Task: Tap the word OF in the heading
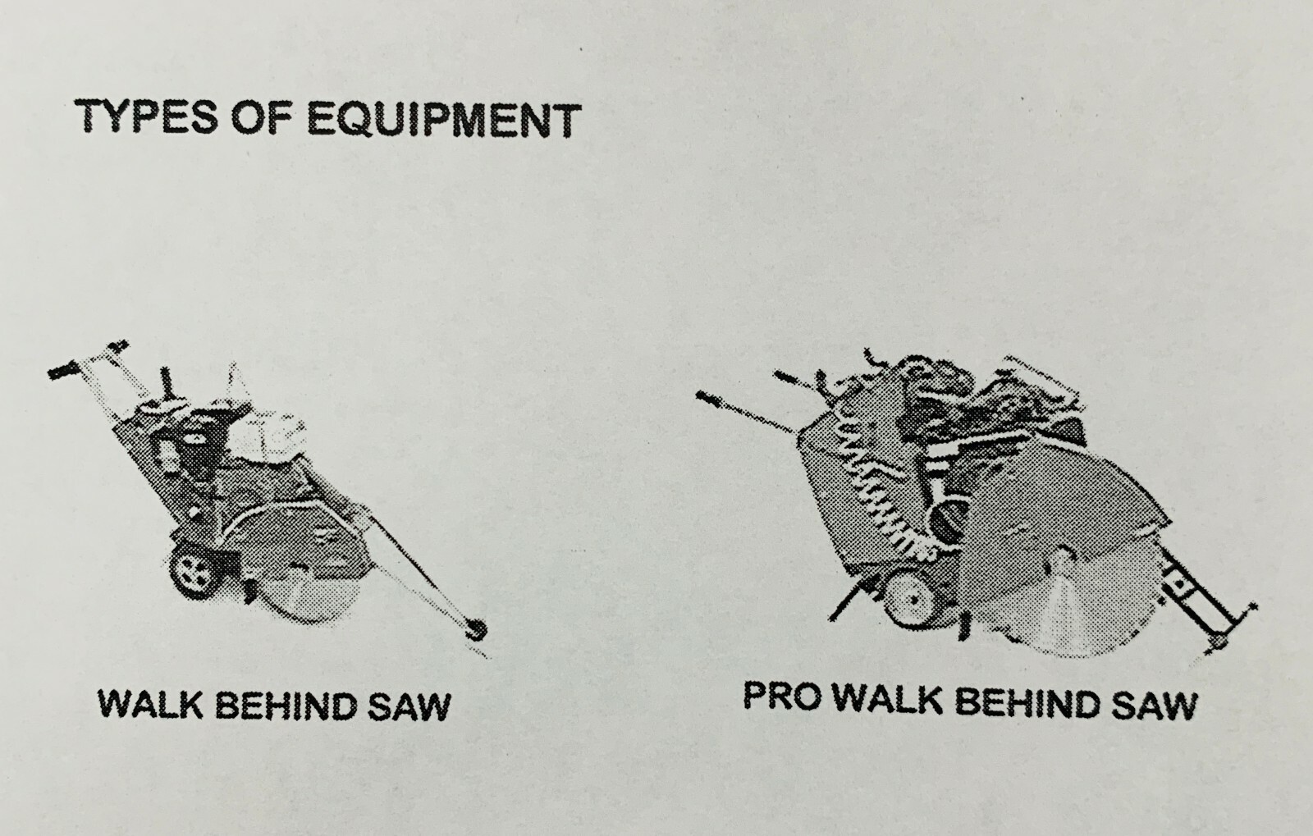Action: pos(262,117)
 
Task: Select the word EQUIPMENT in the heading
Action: pos(444,120)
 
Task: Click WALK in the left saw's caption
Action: pos(150,704)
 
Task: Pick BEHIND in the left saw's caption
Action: pos(286,705)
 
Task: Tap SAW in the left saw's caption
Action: pos(409,706)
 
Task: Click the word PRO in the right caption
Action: pos(780,696)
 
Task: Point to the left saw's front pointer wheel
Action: pos(475,630)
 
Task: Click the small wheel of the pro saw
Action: pos(911,599)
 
